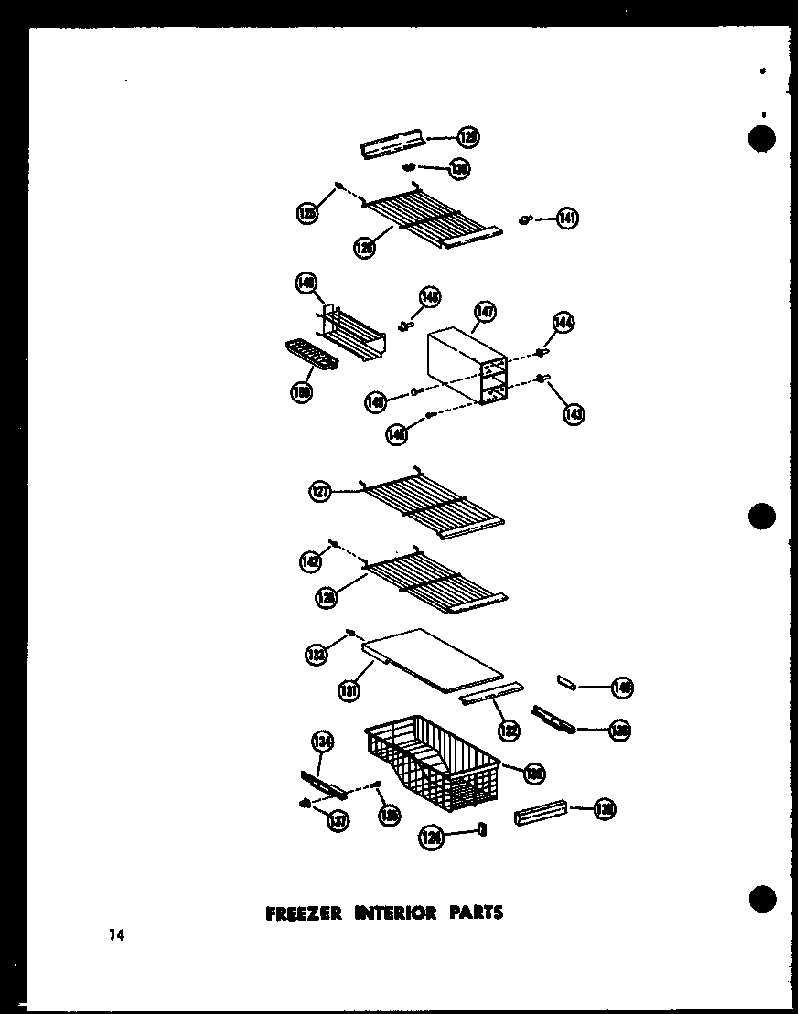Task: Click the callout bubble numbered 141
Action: [x=567, y=219]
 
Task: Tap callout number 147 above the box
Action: [x=484, y=313]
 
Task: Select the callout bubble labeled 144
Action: [x=563, y=322]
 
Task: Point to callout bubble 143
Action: [x=574, y=413]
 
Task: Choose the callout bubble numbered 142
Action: [x=310, y=562]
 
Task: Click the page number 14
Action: [x=114, y=934]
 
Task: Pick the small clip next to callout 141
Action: [x=524, y=219]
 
